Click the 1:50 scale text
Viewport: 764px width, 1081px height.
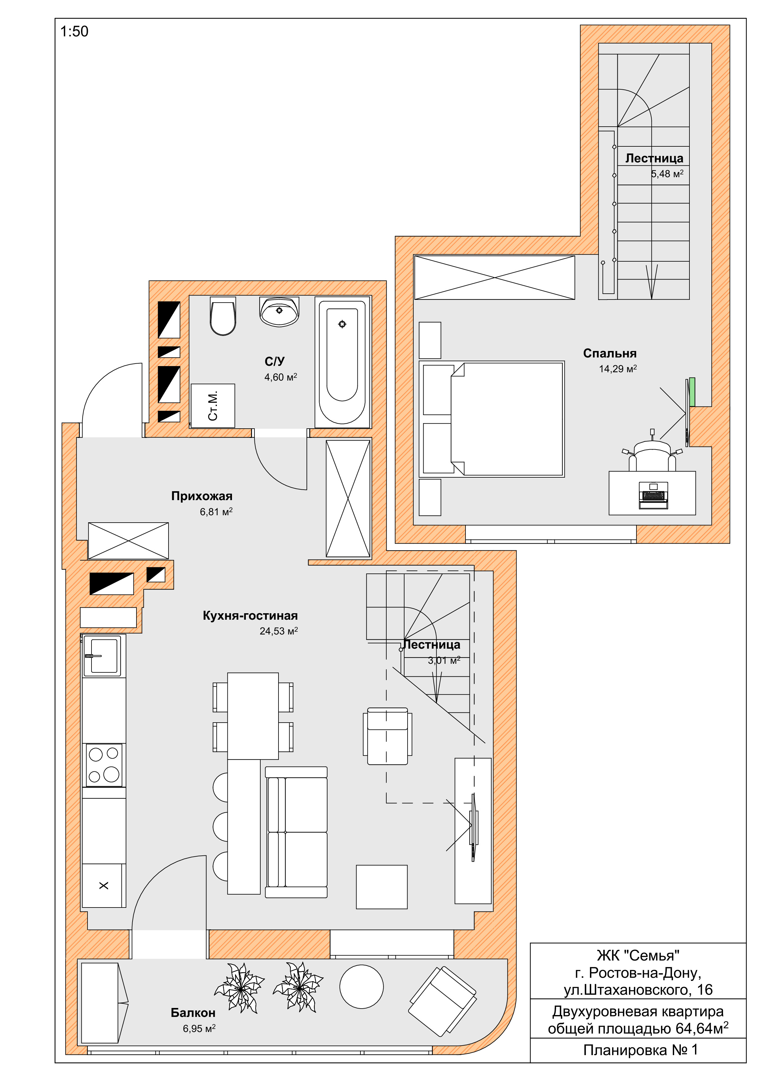74,31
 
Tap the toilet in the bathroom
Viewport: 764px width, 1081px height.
223,316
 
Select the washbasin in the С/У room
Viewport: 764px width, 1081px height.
279,312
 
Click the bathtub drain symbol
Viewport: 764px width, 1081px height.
342,324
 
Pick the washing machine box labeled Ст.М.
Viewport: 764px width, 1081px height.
213,406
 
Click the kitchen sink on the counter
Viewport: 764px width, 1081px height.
102,655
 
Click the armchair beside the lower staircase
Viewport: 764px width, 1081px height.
388,736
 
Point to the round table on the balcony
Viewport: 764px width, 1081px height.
362,986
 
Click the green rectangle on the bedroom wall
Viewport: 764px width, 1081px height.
692,392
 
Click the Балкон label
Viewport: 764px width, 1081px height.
193,1012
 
